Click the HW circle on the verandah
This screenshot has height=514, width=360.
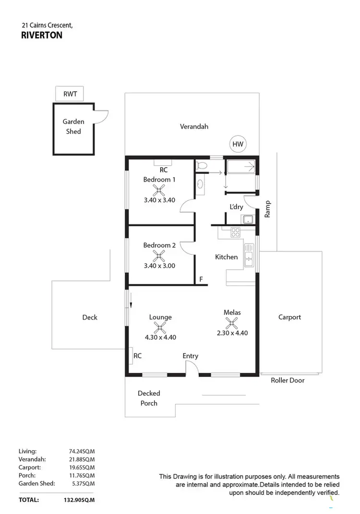coord(237,144)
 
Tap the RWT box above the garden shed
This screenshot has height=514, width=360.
coord(70,94)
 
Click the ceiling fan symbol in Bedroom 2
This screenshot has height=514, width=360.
coord(159,257)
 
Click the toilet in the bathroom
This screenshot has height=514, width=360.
coord(202,166)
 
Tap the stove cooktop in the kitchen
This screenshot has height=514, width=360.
coord(236,233)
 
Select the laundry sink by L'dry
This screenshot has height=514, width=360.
coord(248,220)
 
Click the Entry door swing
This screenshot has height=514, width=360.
coord(191,368)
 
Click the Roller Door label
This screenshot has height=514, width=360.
coord(288,380)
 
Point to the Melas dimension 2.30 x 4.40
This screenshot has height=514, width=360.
coord(232,332)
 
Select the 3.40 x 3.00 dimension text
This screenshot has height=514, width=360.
coord(159,266)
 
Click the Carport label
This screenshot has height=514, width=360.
coord(290,317)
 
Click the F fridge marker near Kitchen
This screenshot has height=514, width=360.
coord(201,279)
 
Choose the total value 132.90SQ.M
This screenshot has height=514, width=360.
coord(79,500)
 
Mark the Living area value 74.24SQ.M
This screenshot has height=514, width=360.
coord(82,451)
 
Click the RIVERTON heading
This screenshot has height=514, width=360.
coord(42,35)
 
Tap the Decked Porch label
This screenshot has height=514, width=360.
coord(149,398)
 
